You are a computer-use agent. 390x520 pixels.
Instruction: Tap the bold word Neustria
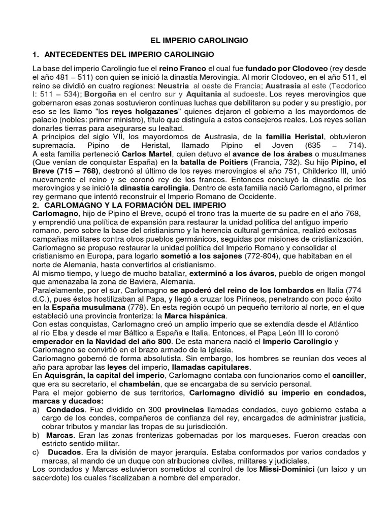(172, 85)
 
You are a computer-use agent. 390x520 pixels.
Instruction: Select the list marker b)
(36, 436)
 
